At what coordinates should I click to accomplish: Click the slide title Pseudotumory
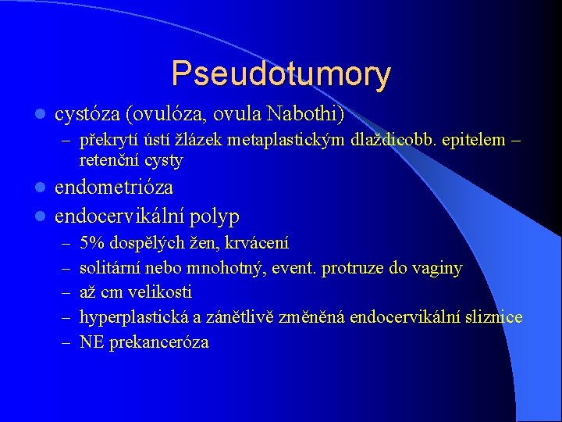(x=281, y=73)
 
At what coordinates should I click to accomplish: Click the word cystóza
(x=87, y=115)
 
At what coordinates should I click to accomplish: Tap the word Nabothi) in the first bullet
(x=304, y=114)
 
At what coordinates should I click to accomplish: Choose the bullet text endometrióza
(x=114, y=188)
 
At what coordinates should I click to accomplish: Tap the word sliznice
(x=493, y=317)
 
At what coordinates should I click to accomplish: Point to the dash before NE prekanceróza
(x=63, y=342)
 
